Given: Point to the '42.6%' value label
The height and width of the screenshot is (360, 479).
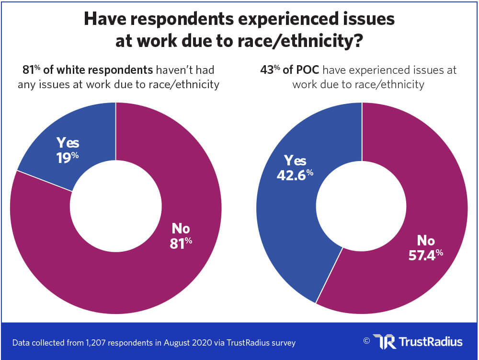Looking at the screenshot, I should click(295, 174).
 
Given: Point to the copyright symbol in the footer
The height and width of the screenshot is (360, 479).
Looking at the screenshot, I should click(366, 341).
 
